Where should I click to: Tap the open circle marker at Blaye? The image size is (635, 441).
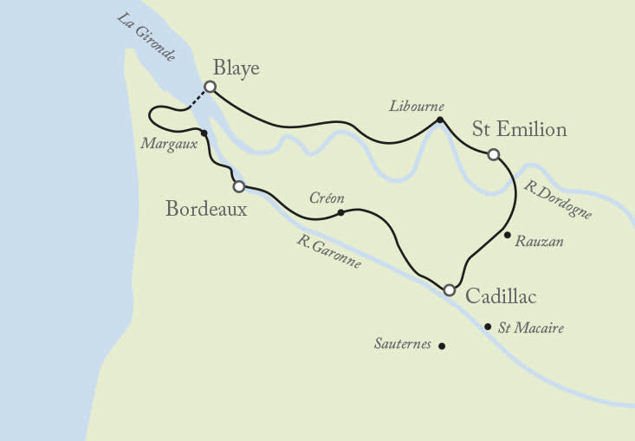209,87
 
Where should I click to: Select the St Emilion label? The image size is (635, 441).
519,130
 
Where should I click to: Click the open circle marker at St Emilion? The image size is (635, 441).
493,154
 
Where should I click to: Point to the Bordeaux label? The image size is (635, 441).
206,209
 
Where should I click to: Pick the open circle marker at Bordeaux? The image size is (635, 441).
238,185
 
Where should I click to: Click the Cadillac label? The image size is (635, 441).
501,296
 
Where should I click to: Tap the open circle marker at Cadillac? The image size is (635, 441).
449,289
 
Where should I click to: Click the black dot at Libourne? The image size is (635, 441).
440,120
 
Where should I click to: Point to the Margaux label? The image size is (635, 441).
169,144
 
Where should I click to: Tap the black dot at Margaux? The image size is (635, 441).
204,133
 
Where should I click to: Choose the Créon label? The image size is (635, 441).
327,198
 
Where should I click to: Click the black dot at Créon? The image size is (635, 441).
340,212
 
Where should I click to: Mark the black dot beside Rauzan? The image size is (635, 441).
507,235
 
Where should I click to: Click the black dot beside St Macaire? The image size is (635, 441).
488,327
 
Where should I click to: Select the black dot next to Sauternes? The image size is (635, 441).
442,346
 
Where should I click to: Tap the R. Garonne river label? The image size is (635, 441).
328,251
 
